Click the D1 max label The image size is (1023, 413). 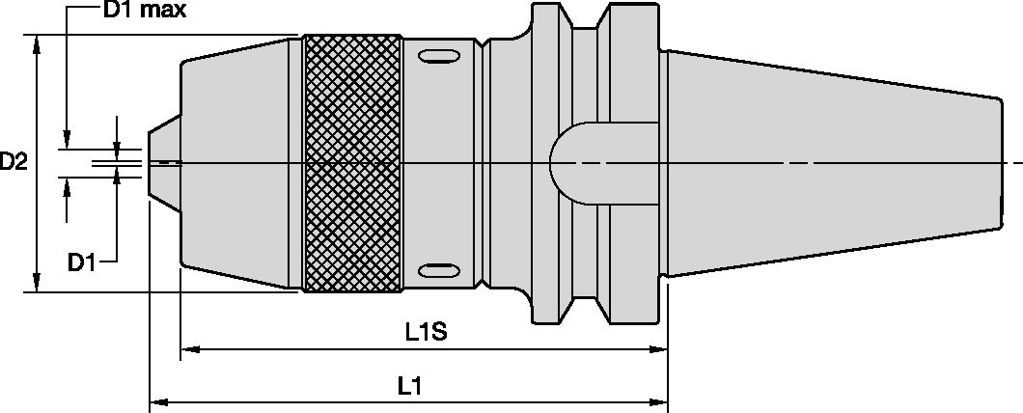coord(144,13)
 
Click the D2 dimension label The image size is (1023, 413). coord(14,163)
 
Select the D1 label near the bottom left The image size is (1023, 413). coord(82,261)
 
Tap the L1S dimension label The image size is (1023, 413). coord(425,333)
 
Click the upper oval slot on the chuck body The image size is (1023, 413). coord(438,57)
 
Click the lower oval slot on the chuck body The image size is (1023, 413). coord(438,268)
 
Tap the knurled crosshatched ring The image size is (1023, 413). coord(352,163)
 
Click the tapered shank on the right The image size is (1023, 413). coord(830,163)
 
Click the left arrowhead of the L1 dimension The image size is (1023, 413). coord(155,399)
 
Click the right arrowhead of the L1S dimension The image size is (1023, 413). coord(660,346)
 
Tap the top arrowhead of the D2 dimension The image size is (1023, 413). coord(37,41)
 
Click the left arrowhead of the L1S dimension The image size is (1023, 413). coord(187,346)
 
